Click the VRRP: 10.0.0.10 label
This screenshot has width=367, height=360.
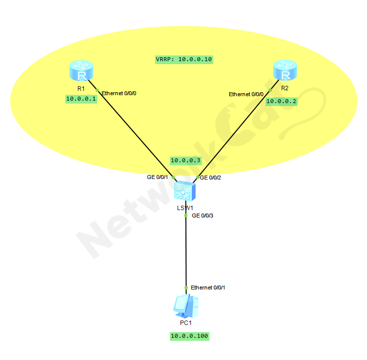pos(183,59)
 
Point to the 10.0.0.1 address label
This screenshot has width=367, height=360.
pos(81,99)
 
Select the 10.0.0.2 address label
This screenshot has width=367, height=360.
pos(282,101)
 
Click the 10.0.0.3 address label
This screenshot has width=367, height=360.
pos(185,160)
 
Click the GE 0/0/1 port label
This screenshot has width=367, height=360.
pos(157,177)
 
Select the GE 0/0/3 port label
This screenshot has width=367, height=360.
pos(203,216)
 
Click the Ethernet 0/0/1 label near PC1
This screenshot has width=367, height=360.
pos(208,288)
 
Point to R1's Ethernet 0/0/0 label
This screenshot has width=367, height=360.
pos(118,93)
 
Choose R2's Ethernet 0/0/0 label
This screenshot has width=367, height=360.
pos(246,94)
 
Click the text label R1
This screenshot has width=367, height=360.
pos(81,88)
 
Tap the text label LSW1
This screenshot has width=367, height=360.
pos(185,208)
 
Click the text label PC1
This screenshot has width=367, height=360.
pos(185,323)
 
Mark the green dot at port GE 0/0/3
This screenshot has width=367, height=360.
pos(185,216)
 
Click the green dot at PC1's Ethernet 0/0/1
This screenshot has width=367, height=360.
pos(185,288)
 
